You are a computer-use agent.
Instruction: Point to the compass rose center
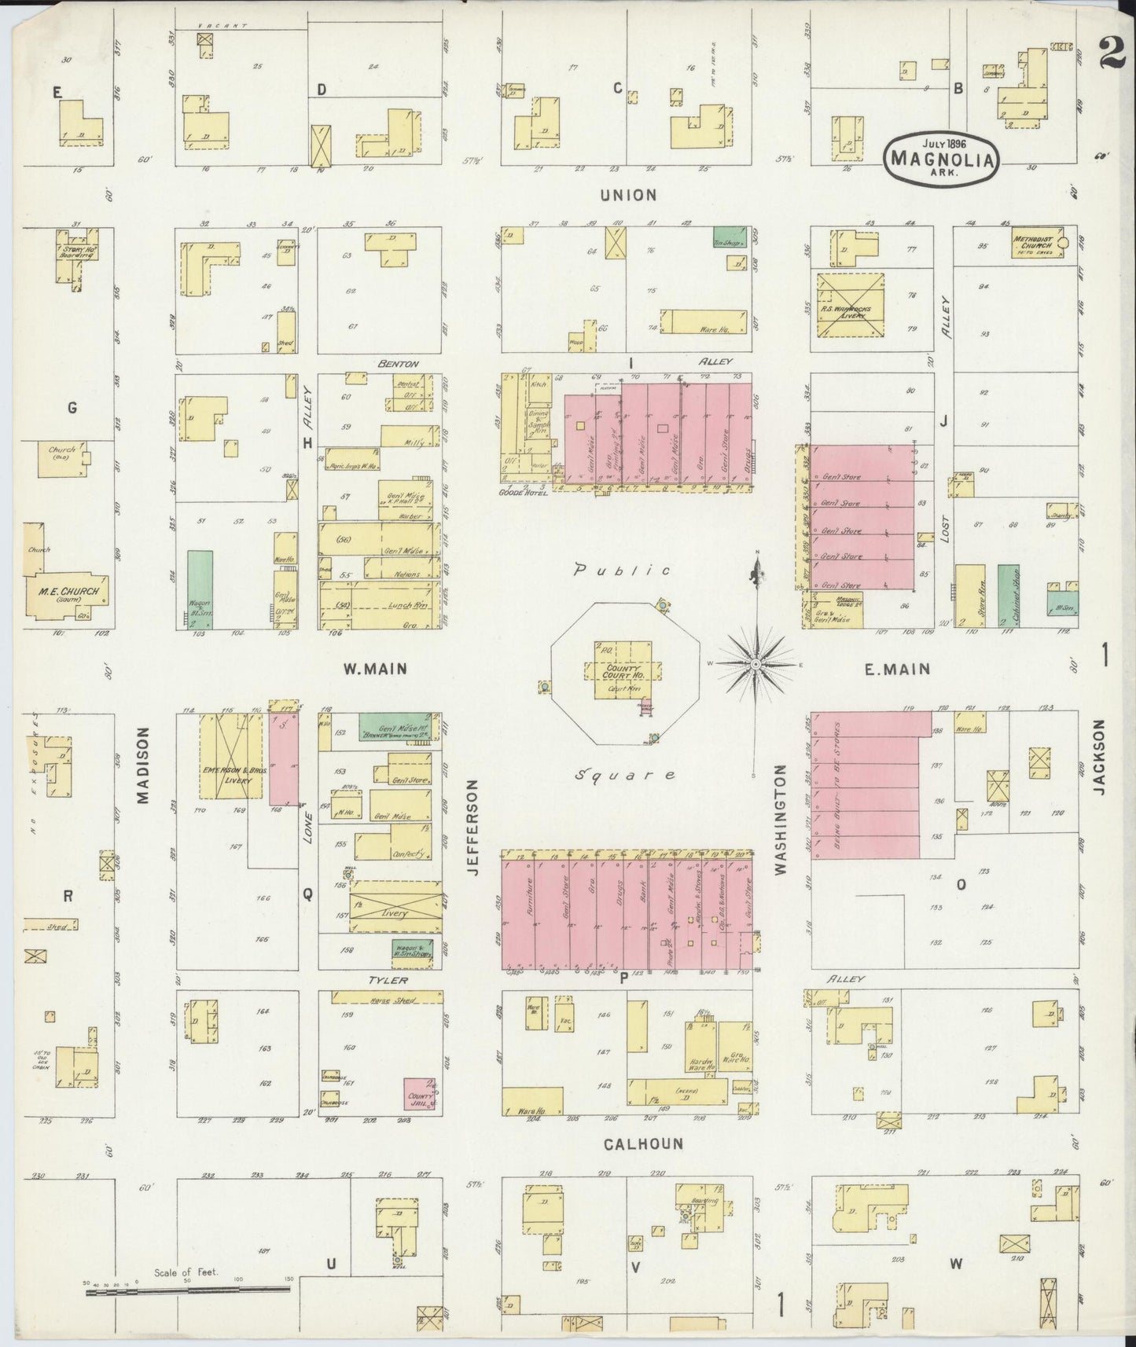click(755, 665)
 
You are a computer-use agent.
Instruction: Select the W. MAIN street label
click(375, 670)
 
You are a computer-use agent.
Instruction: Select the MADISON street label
click(142, 765)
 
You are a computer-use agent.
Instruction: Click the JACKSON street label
click(1099, 757)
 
